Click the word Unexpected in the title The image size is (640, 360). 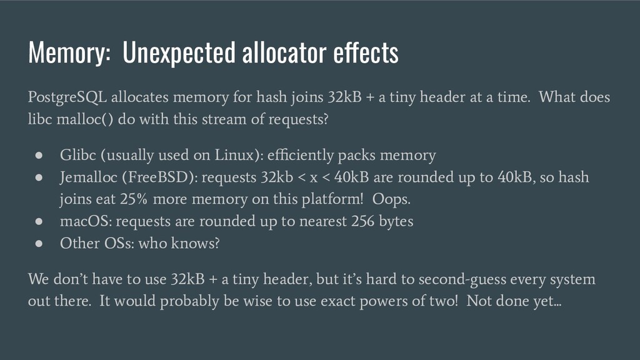[x=179, y=52]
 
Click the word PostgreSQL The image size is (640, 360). [x=67, y=97]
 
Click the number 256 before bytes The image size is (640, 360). [x=363, y=221]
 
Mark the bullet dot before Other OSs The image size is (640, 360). [x=39, y=244]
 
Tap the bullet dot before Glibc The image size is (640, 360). [x=39, y=155]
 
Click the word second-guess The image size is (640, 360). [x=461, y=279]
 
